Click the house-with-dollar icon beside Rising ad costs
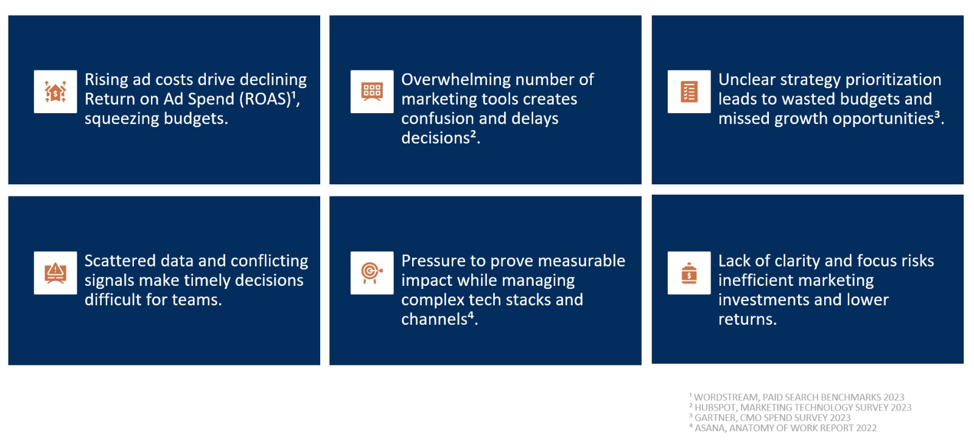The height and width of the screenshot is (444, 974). coord(55,92)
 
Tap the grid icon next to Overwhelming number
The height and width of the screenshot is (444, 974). coord(372,92)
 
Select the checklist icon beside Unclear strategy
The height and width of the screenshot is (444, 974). coord(689,92)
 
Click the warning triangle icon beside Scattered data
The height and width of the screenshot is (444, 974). coord(55,273)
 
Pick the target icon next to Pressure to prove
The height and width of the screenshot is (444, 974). coord(372,273)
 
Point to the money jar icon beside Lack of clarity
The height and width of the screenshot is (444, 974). coord(689,273)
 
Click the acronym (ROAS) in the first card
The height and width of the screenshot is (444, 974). coord(265,100)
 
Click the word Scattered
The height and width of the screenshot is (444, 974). coord(119,261)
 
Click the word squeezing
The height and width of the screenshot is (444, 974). coord(120,119)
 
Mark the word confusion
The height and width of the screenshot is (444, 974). coord(436,119)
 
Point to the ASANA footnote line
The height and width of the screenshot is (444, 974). coord(783,428)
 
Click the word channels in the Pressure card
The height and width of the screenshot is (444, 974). coord(434,319)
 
